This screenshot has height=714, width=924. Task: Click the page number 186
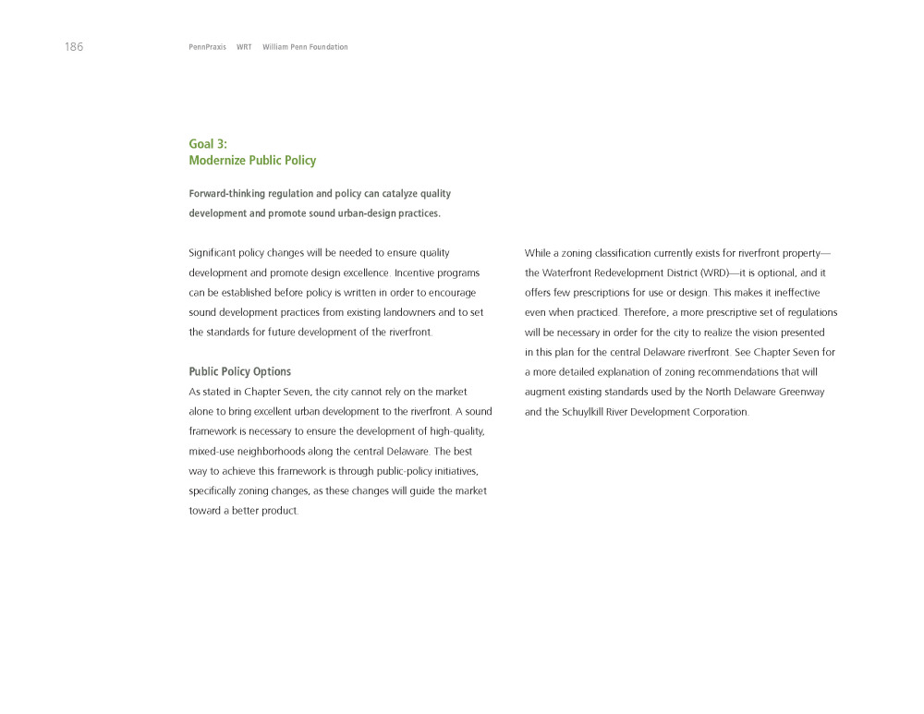74,47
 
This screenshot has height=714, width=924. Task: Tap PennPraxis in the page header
207,47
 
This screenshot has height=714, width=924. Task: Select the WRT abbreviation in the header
244,47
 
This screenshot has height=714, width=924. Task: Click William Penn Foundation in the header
305,47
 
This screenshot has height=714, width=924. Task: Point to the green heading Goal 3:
208,144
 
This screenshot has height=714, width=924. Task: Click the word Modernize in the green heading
217,161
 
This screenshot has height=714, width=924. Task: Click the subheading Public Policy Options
239,372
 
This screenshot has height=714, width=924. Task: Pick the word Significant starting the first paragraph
213,253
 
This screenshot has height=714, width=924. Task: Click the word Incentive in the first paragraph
419,273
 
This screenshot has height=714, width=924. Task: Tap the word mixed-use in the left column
214,452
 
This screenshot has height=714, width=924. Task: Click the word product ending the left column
279,512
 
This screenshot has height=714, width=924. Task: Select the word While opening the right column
539,253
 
